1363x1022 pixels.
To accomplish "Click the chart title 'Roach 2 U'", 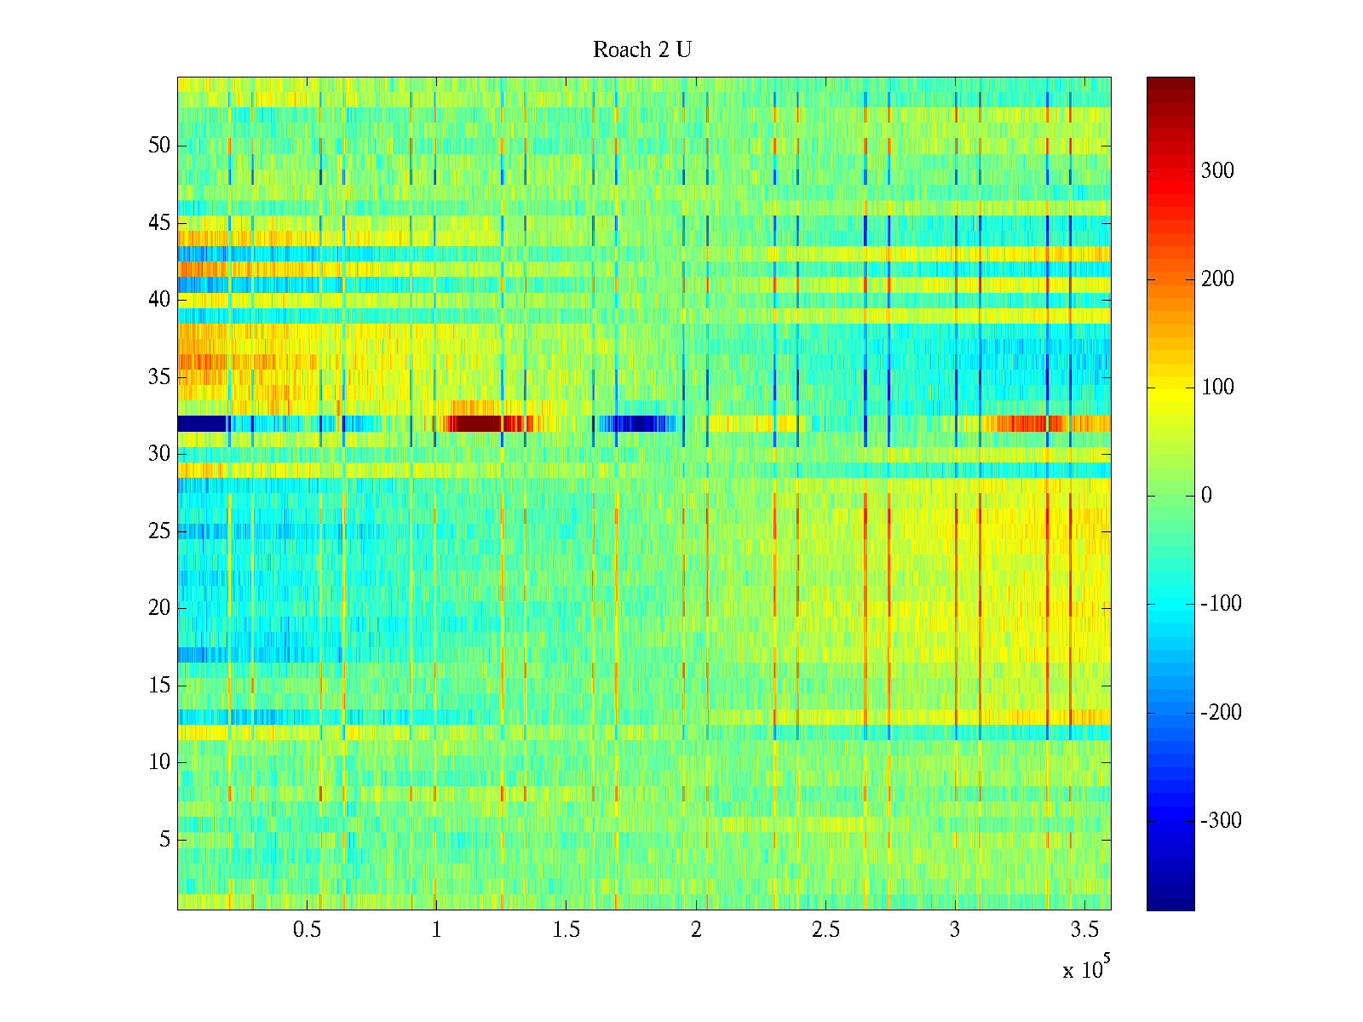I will coord(642,50).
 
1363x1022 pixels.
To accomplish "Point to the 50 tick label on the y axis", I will coord(159,146).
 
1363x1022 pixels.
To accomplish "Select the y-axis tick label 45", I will coord(159,223).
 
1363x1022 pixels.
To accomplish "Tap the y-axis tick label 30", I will coord(159,454).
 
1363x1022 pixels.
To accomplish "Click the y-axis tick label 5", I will coord(164,840).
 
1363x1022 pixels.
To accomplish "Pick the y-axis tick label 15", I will coord(159,686).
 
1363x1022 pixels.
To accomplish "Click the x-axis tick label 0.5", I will coord(307,930).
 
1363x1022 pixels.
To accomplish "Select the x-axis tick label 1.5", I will coord(566,930).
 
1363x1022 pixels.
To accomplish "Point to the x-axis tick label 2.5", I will coord(825,930).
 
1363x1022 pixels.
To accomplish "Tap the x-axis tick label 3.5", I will coord(1084,930).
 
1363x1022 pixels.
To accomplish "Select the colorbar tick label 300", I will coord(1217,171).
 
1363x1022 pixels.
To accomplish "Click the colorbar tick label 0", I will coord(1206,496).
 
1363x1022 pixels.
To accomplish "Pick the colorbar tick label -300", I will coord(1221,821).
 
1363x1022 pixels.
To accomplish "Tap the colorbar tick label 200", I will coord(1217,279).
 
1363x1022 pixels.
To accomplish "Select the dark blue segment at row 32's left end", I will coord(201,423).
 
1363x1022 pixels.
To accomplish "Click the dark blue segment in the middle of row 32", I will coord(635,423).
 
